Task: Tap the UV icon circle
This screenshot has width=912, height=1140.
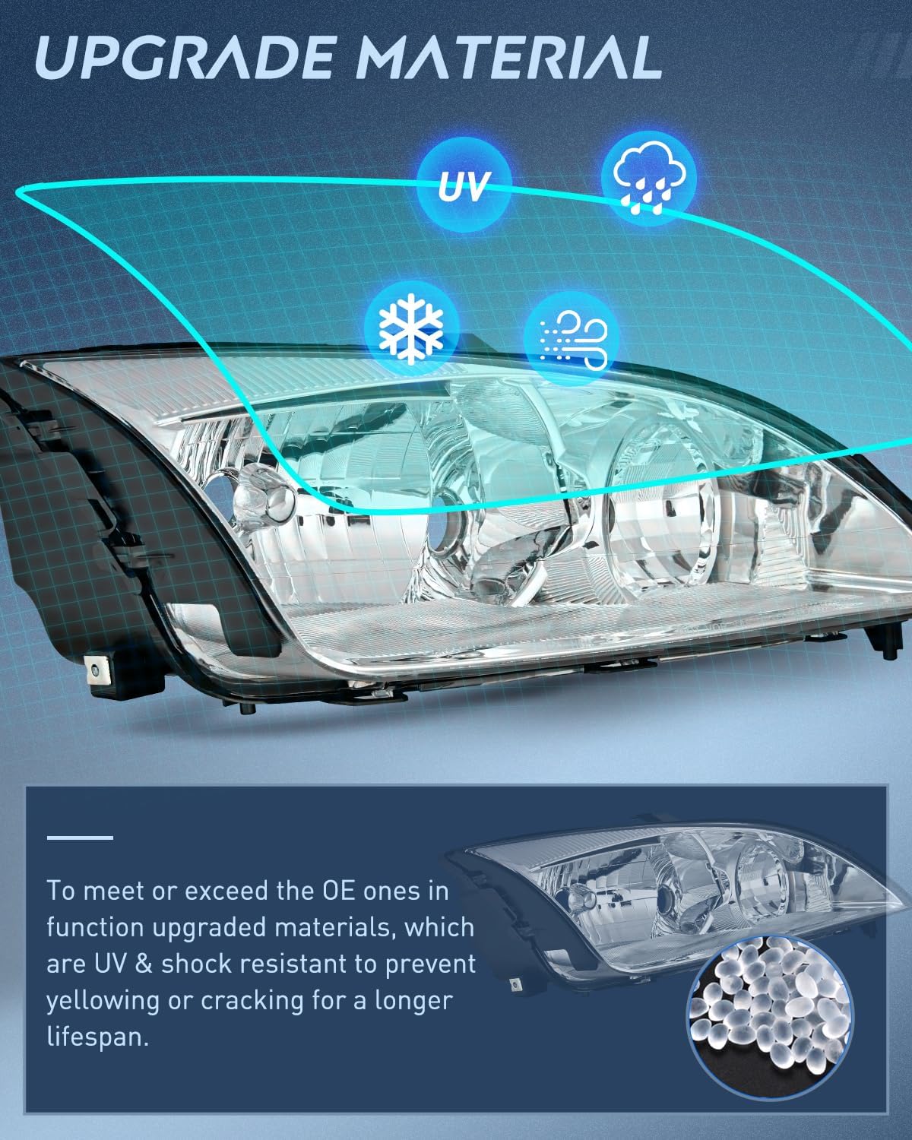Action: pos(464,185)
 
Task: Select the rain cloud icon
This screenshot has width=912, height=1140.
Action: pos(648,178)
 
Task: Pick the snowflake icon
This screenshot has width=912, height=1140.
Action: pos(411,329)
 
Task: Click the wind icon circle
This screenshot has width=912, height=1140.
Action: pos(572,337)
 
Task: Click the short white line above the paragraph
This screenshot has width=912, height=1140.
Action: pos(80,837)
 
